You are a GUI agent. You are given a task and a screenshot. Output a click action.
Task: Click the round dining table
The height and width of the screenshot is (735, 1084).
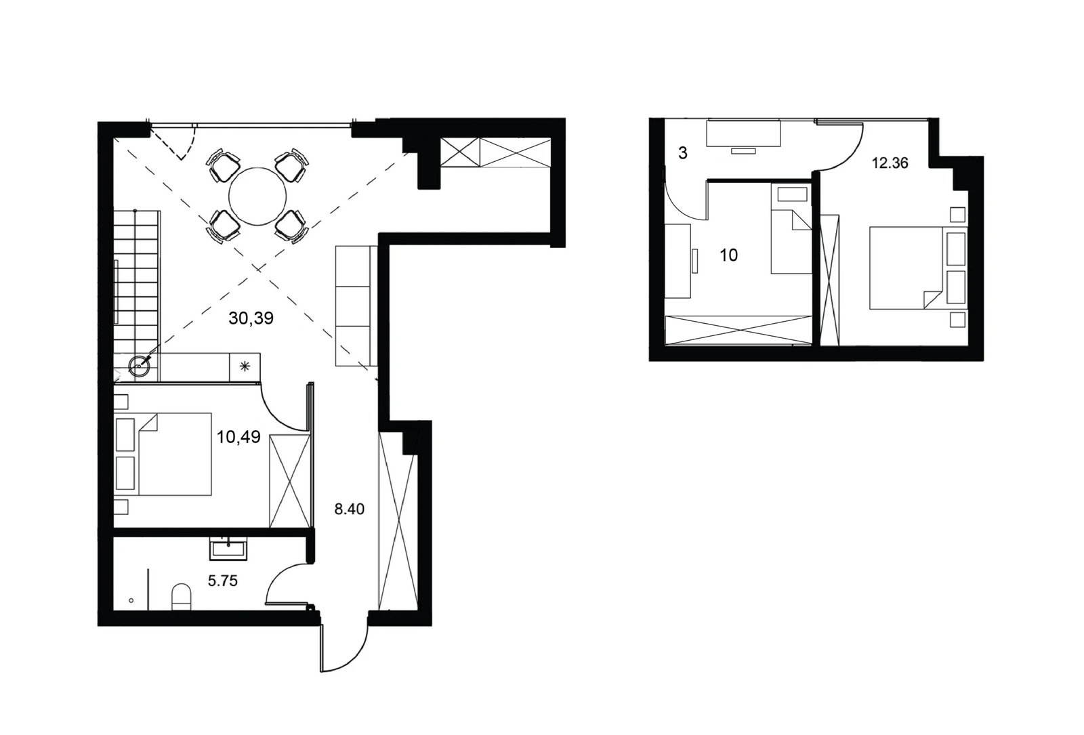point(258,196)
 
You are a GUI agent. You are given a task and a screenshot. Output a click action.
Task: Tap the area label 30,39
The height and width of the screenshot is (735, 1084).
point(251,318)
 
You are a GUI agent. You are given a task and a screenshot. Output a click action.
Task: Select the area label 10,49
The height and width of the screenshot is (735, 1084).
point(238,437)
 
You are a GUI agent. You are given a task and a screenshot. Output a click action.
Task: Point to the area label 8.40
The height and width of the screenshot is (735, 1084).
point(350,509)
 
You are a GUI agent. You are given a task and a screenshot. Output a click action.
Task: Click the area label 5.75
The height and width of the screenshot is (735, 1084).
point(223,581)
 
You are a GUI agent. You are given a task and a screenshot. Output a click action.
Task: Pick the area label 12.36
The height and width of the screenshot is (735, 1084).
point(890,163)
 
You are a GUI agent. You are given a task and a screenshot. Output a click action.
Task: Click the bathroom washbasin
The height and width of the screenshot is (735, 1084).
point(228,549)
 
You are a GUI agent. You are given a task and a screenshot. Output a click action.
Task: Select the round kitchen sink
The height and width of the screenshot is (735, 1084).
point(139,366)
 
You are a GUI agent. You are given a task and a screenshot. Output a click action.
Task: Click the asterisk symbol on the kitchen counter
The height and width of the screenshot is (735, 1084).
point(245,366)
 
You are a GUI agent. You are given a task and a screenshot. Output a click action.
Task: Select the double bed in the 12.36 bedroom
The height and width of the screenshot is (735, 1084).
point(918,268)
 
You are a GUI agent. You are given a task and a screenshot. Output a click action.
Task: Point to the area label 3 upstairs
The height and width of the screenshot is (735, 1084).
point(683,153)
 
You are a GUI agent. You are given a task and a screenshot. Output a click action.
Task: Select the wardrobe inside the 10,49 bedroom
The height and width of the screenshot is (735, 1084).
point(289,480)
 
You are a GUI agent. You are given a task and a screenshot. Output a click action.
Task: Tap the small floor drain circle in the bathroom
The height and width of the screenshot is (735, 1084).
point(131,600)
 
